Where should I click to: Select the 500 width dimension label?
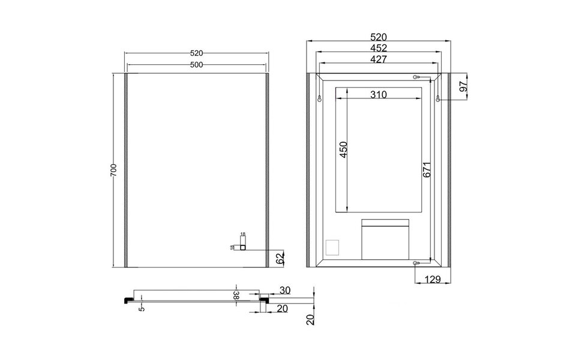(196, 64)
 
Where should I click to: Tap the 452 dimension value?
(379, 48)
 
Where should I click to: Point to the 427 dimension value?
(379, 59)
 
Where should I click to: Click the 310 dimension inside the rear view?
(377, 95)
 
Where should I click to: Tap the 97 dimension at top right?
(463, 88)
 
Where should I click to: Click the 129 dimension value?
(433, 279)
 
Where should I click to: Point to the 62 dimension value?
(280, 259)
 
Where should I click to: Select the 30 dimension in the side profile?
(285, 290)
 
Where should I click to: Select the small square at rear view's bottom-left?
(331, 247)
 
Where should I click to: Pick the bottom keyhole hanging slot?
(416, 262)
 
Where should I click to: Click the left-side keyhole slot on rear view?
(320, 98)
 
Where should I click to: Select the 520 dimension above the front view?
(196, 53)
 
